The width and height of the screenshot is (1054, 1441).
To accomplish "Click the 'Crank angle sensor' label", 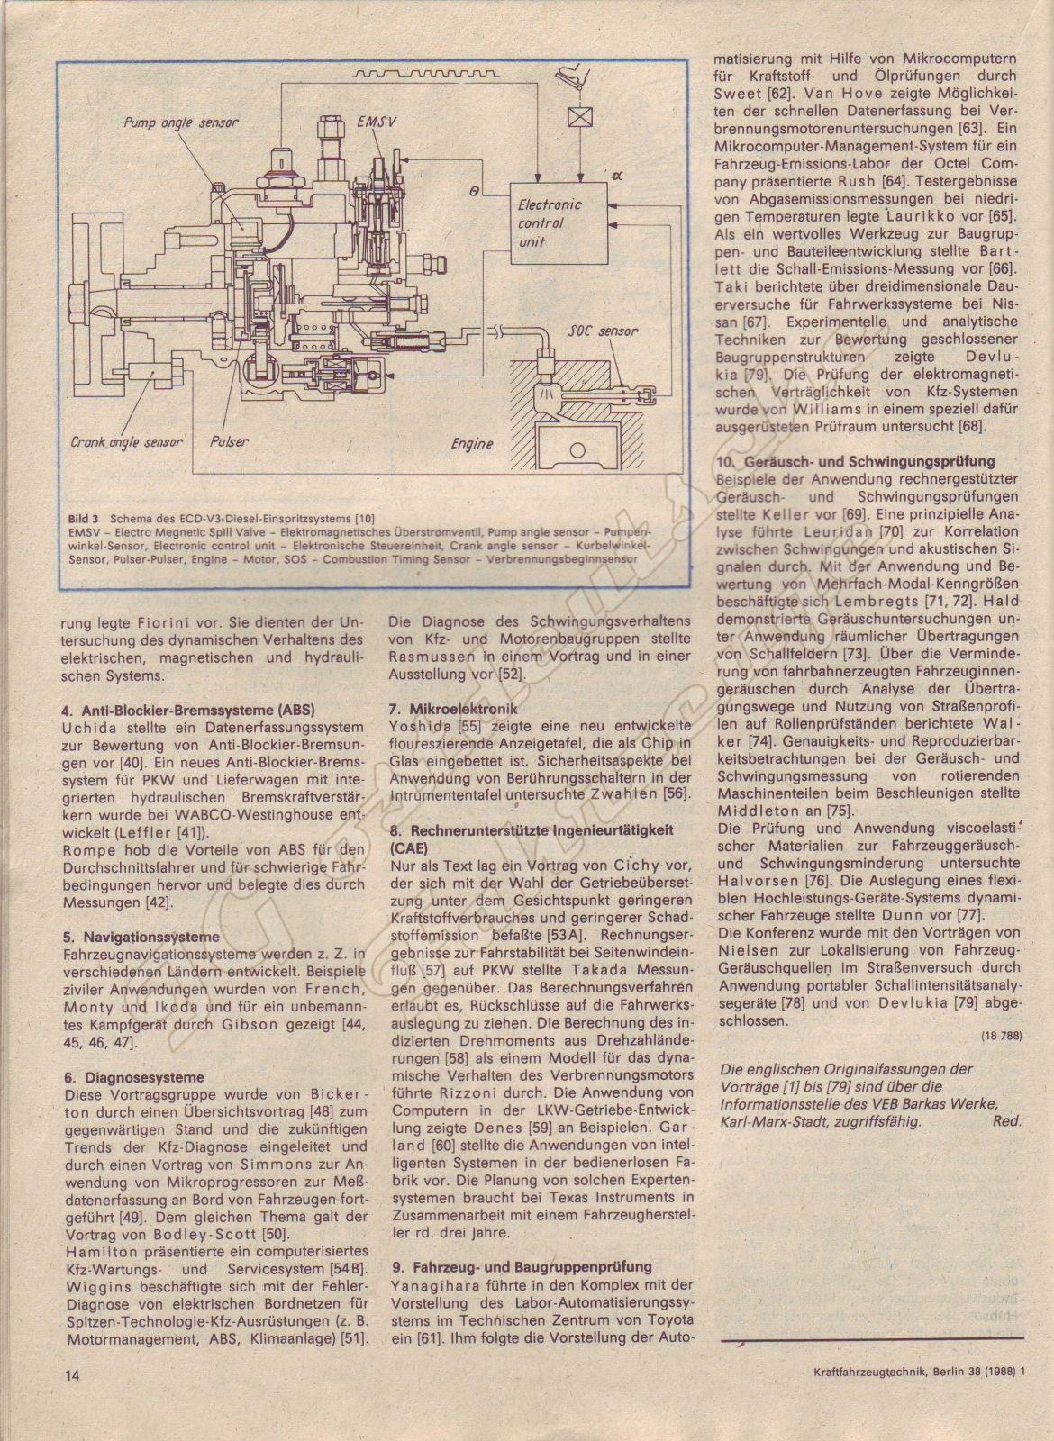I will pyautogui.click(x=126, y=442).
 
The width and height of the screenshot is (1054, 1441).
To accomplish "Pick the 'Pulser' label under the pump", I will pyautogui.click(x=229, y=442).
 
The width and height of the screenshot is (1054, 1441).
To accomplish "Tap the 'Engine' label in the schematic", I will pyautogui.click(x=472, y=444).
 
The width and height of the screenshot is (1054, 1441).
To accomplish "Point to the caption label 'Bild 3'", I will pyautogui.click(x=83, y=519).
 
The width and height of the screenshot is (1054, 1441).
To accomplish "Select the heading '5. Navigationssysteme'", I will pyautogui.click(x=141, y=938).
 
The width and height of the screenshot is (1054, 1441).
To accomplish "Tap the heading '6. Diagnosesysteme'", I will pyautogui.click(x=134, y=1077).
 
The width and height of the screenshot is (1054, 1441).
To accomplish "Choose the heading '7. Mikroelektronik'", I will pyautogui.click(x=453, y=708).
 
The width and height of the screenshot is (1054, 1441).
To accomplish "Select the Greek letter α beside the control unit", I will pyautogui.click(x=617, y=177).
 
